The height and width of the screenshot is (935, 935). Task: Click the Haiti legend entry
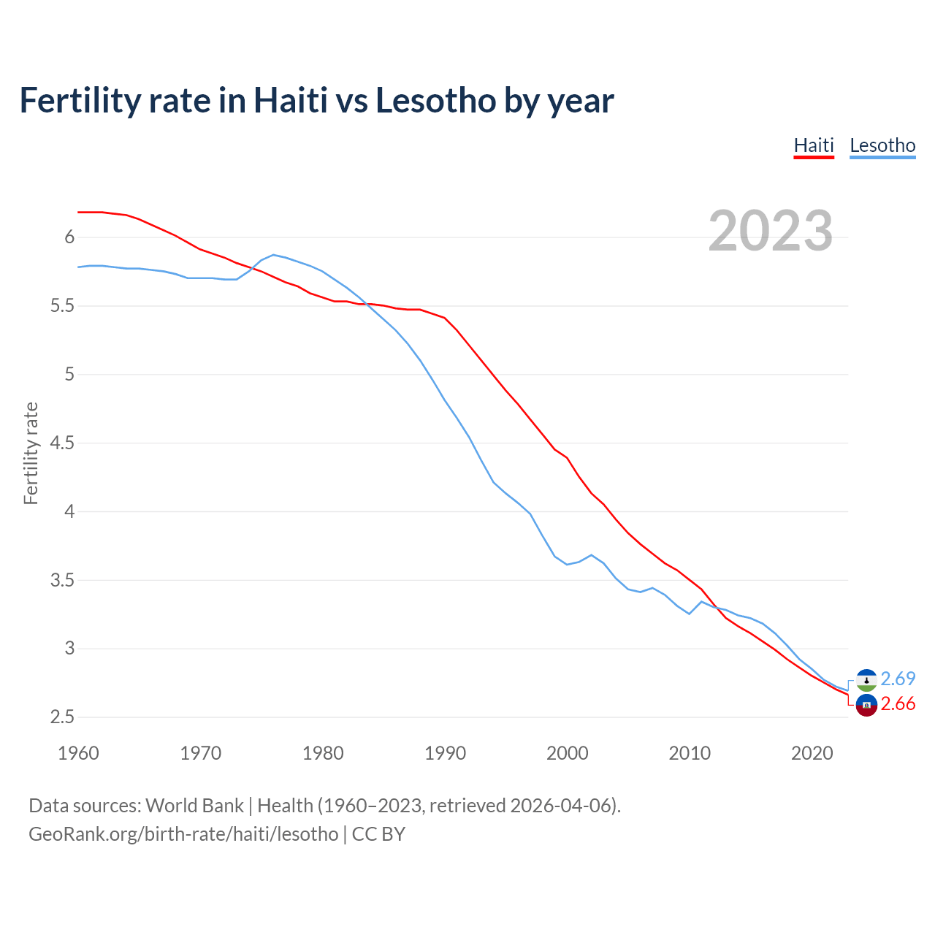[x=814, y=145]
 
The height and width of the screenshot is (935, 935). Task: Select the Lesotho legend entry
[x=882, y=145]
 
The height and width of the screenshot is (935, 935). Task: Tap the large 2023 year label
[x=771, y=231]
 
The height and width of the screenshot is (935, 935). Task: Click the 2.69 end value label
[x=898, y=679]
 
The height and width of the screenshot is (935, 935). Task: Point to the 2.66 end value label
[x=898, y=703]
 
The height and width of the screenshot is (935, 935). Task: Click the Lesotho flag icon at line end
[x=866, y=680]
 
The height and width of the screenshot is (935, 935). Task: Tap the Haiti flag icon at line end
[x=866, y=705]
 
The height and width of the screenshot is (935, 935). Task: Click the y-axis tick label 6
[x=70, y=237]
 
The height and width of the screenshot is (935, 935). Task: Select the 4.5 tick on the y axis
[x=63, y=443]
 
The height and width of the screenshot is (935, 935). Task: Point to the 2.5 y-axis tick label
[x=63, y=717]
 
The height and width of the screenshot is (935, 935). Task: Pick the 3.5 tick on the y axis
[x=63, y=580]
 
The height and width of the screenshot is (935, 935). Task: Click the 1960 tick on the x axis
[x=78, y=753]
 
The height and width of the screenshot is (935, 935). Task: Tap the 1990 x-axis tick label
[x=445, y=753]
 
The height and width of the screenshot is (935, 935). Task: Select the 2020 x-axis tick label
[x=812, y=753]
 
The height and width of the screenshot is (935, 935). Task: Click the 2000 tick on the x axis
[x=567, y=753]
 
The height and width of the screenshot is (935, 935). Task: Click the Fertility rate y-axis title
[x=31, y=453]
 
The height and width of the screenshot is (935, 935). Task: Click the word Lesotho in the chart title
[x=436, y=101]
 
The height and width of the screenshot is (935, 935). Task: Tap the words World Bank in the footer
[x=194, y=805]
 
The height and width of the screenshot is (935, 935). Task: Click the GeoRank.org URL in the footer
[x=183, y=834]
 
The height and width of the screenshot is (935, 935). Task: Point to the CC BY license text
[x=378, y=834]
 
